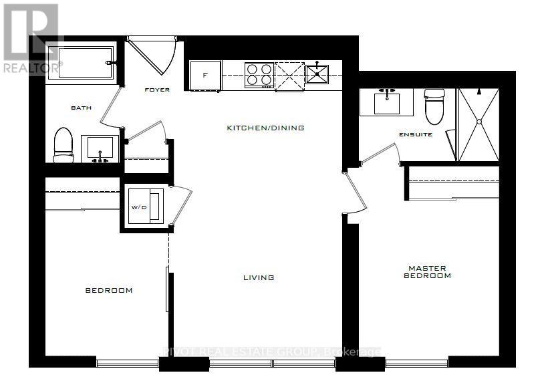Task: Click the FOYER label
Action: point(158,90)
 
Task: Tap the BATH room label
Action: point(81,108)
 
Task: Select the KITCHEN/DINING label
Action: point(265,128)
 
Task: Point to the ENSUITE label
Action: point(416,134)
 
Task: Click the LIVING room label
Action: point(259,277)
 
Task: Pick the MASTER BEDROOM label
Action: point(430,272)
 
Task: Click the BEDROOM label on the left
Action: point(108,290)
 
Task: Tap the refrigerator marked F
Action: point(205,75)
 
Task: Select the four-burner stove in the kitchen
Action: point(259,74)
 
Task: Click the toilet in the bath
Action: point(63,144)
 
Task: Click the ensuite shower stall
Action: point(479,124)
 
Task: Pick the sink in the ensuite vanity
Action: point(386,102)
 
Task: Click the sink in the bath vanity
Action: point(100,147)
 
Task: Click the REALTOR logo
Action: point(30,37)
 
